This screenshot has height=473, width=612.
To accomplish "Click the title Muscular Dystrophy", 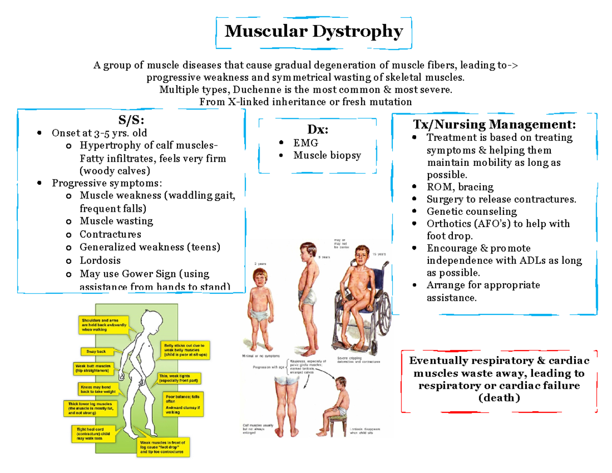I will (x=314, y=32).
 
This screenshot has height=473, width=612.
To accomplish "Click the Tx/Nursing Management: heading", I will (x=494, y=125).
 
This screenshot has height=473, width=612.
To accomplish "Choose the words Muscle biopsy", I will (x=327, y=155).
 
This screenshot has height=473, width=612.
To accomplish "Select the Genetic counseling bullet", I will (x=471, y=211).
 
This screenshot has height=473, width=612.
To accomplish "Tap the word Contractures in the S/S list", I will (x=110, y=234).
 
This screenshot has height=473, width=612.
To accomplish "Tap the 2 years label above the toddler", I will (x=260, y=263).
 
